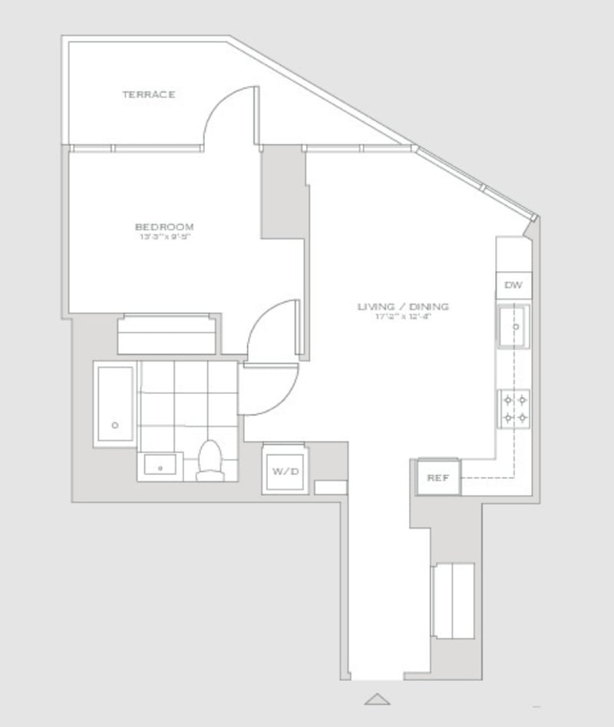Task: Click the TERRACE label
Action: tap(149, 94)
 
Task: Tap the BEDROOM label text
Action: tap(164, 226)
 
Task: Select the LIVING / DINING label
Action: tap(403, 307)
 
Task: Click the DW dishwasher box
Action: tap(513, 286)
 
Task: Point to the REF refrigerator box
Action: tap(437, 478)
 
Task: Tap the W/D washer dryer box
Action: tap(284, 471)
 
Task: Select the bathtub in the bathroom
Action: tap(115, 404)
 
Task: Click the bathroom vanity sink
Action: tap(160, 466)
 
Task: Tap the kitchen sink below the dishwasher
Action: tap(513, 326)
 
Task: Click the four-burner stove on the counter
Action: tap(513, 408)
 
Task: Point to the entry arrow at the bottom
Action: tap(377, 699)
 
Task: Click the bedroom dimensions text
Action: tap(164, 237)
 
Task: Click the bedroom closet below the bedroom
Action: tap(167, 334)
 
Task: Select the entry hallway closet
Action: tap(453, 600)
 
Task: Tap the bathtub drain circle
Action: tap(115, 425)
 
